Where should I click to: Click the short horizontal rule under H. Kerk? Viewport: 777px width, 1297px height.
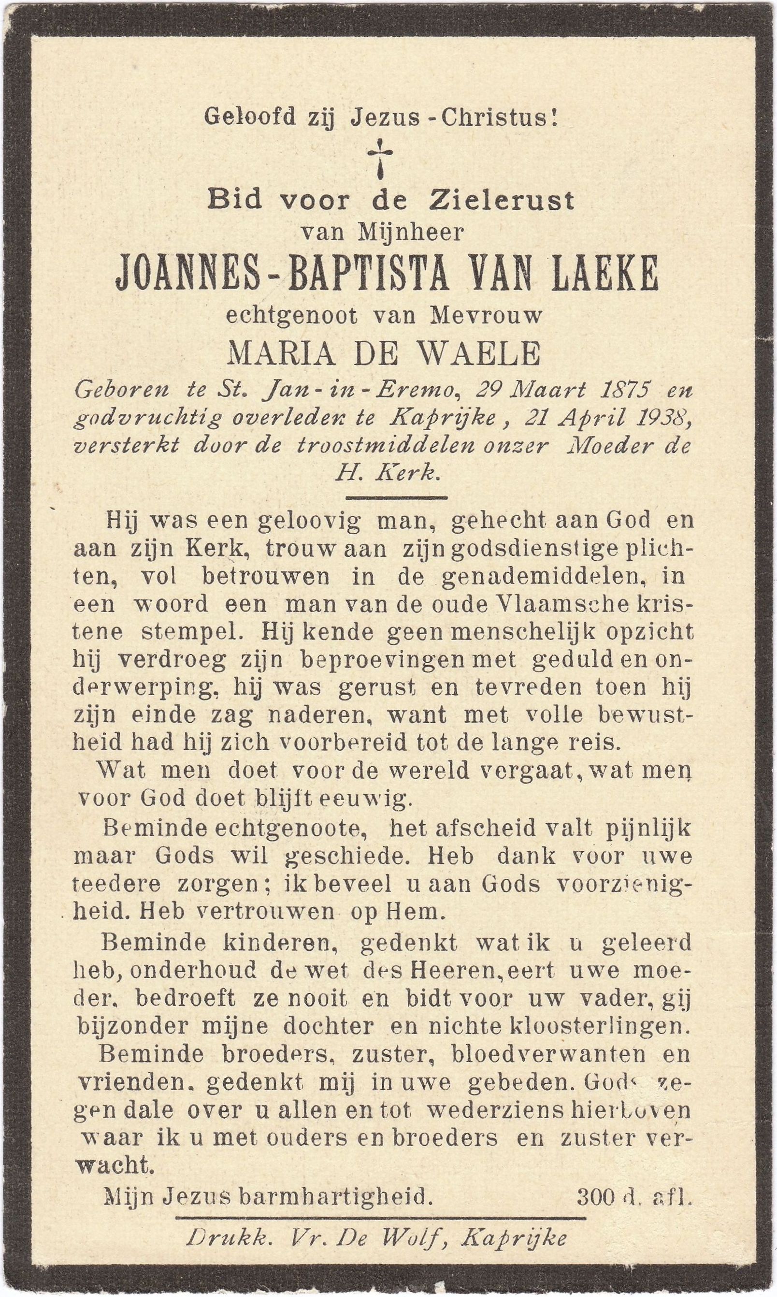pos(396,497)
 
